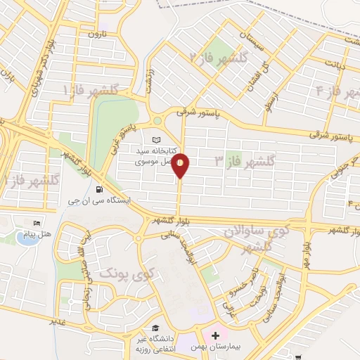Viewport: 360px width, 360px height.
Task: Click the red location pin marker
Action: coord(181,165)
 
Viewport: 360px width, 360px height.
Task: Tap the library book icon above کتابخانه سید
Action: coord(155,139)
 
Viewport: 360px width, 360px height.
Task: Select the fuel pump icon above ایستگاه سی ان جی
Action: coord(98,188)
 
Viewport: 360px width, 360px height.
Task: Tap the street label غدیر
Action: coord(57,321)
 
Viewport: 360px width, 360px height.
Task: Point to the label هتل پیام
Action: coord(29,235)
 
